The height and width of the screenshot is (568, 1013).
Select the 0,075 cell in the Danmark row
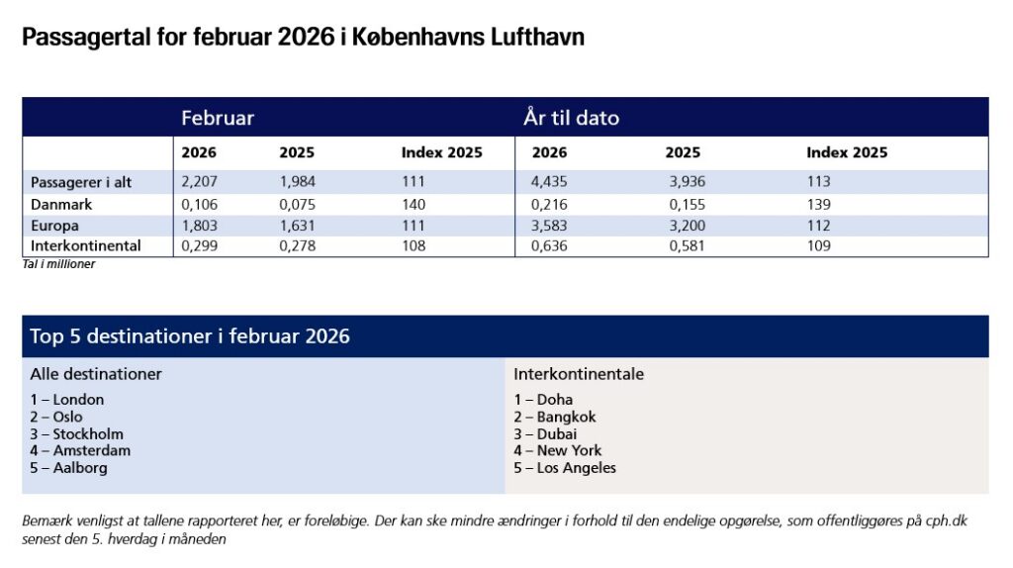point(298,204)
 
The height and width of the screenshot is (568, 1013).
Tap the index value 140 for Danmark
point(414,204)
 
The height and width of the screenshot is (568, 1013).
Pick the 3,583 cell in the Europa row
point(550,226)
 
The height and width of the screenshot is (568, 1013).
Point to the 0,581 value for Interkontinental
point(685,246)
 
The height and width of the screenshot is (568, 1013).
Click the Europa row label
point(55,226)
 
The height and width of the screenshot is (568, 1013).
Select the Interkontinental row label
point(86,246)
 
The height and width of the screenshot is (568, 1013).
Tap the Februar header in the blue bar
point(218,118)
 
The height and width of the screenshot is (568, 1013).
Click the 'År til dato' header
point(572,118)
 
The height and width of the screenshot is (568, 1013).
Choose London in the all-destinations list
point(78,400)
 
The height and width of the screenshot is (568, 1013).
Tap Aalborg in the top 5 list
point(80,468)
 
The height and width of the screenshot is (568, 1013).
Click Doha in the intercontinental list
point(555,400)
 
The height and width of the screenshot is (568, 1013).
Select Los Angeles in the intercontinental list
point(576,468)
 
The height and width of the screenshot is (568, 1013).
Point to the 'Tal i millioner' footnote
point(58,264)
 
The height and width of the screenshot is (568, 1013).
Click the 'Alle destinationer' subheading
point(96,374)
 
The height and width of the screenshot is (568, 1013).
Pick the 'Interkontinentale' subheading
point(579,374)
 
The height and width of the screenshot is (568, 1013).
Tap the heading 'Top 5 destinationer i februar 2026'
point(190,336)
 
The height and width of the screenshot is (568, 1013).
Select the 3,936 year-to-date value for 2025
point(685,182)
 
